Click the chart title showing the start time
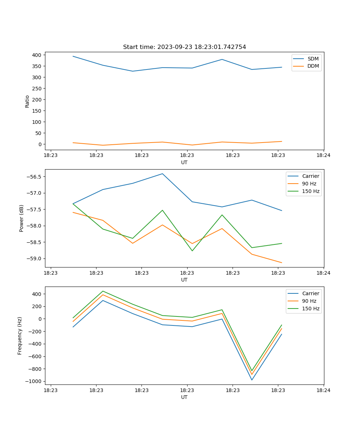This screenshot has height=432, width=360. pyautogui.click(x=184, y=47)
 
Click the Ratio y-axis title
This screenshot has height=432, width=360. pyautogui.click(x=27, y=101)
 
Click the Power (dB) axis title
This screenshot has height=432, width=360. pyautogui.click(x=22, y=218)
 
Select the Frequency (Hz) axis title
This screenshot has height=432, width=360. pyautogui.click(x=20, y=336)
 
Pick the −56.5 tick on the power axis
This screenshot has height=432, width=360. pyautogui.click(x=33, y=177)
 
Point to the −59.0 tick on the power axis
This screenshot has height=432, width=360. pyautogui.click(x=33, y=259)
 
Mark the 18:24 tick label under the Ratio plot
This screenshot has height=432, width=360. pyautogui.click(x=323, y=156)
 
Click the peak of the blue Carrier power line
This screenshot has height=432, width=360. pyautogui.click(x=162, y=174)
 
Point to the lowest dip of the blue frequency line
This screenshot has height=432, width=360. pyautogui.click(x=252, y=380)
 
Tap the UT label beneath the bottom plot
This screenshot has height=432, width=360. pyautogui.click(x=184, y=397)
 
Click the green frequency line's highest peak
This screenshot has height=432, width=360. pyautogui.click(x=103, y=291)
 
